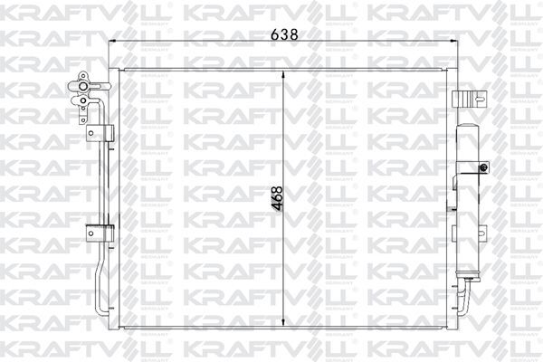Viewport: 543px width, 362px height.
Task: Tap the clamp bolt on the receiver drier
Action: tap(486, 168)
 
